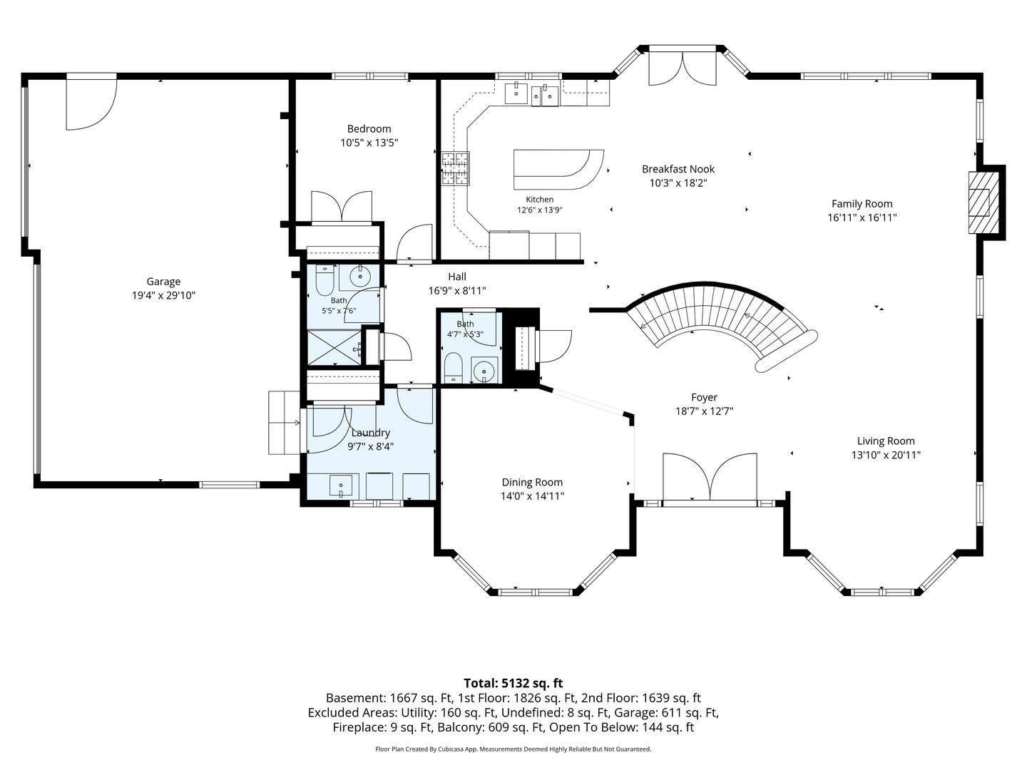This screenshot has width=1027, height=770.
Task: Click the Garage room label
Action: click(163, 282)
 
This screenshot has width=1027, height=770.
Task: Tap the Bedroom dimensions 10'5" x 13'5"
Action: click(369, 143)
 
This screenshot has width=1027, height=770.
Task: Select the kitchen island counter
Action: click(558, 169)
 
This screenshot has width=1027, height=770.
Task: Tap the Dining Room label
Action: click(532, 482)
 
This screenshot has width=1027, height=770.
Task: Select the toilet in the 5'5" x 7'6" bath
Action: click(324, 280)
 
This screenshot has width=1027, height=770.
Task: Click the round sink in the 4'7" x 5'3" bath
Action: click(484, 371)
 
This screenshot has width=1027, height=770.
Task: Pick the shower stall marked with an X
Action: click(334, 347)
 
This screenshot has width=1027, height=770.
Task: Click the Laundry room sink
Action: click(341, 486)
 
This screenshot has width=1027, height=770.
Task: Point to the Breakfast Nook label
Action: click(678, 169)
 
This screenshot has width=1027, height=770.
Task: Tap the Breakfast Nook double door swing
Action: click(683, 68)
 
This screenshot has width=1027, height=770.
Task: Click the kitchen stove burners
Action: click(455, 168)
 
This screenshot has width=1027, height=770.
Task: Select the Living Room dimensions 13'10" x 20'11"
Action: click(886, 454)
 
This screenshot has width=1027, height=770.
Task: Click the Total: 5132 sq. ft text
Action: click(513, 683)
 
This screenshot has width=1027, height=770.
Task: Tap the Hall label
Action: click(457, 277)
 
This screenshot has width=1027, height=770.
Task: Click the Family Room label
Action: click(862, 204)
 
